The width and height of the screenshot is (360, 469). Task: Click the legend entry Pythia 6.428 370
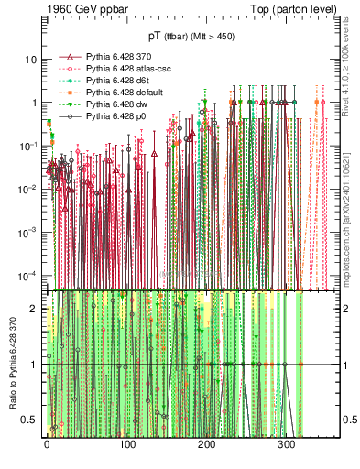pos(109,56)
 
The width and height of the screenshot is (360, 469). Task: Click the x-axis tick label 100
pos(126,446)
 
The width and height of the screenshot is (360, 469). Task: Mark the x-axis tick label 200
pos(206,446)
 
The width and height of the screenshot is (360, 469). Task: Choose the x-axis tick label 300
pos(286,446)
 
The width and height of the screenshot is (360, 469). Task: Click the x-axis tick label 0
pos(47,446)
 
